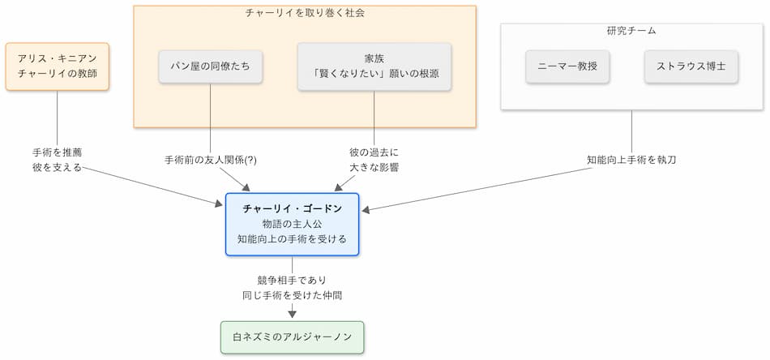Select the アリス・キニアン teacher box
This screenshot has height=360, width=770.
coord(57,66)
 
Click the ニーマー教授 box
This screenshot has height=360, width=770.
coord(567,66)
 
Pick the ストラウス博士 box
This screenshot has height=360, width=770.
coord(691,66)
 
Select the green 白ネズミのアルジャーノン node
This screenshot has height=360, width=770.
coord(292,336)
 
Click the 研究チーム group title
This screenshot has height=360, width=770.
coord(631,31)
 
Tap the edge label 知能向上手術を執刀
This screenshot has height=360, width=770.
coord(631,160)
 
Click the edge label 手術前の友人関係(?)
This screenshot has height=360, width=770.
coord(211,160)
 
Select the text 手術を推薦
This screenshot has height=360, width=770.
coord(57,152)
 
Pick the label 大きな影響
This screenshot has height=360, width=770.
coord(374,168)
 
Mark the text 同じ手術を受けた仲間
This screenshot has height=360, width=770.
coord(292,295)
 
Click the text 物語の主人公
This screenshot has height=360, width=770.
coord(292,224)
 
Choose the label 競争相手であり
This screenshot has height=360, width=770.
coord(292,280)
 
